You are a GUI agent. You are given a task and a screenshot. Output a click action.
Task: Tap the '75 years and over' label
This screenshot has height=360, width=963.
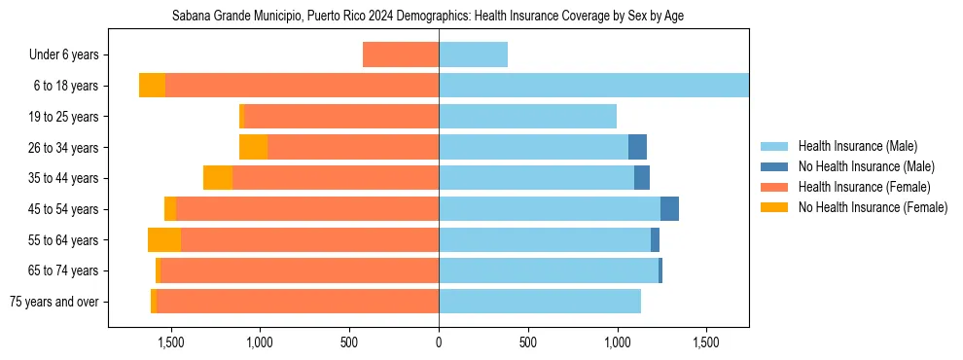[53, 302]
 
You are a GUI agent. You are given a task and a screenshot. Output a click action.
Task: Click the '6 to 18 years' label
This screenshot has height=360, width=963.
[65, 86]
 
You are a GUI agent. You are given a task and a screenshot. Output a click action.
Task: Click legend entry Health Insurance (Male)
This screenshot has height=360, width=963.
[857, 146]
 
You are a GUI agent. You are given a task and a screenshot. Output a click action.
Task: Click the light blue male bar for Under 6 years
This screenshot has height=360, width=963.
[473, 54]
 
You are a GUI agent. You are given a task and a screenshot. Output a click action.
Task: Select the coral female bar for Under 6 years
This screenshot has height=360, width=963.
[401, 54]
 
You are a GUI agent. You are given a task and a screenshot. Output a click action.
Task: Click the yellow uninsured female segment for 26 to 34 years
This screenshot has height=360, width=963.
[253, 147]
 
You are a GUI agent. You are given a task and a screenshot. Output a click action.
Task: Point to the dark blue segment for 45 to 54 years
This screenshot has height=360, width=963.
[669, 209]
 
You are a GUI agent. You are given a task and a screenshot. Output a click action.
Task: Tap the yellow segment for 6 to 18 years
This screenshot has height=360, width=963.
[152, 86]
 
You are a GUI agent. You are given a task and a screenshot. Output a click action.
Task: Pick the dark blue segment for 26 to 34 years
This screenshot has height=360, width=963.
[637, 147]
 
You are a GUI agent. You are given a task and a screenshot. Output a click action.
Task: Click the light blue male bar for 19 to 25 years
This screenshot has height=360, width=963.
[527, 117]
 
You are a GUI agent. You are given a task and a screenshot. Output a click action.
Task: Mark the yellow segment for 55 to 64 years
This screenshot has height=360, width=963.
[164, 239]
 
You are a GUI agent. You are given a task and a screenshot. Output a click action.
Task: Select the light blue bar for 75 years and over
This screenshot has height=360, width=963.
[539, 302]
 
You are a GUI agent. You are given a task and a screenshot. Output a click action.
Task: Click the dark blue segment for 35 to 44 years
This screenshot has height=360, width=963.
[642, 178]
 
